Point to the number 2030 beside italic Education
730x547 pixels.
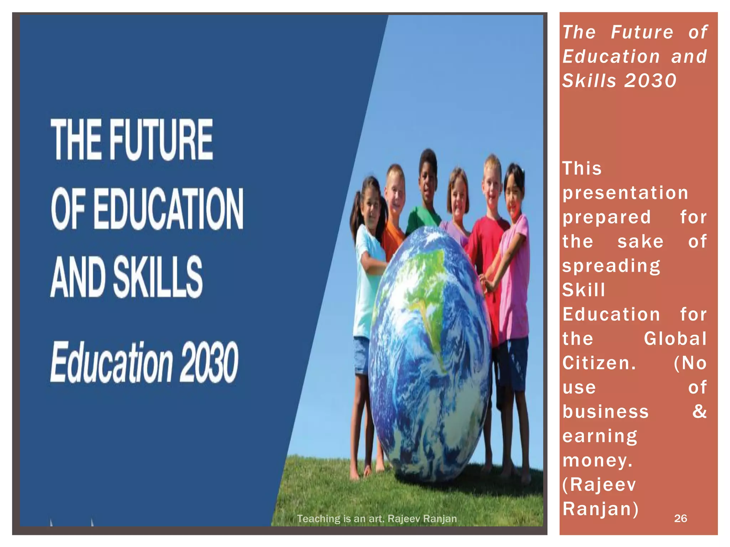pos(209,362)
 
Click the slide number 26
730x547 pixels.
pos(680,518)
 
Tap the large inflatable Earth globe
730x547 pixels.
pos(430,353)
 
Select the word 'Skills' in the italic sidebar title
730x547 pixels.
pos(589,81)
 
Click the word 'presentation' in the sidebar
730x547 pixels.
pos(625,193)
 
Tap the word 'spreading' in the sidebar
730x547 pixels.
pos(611,266)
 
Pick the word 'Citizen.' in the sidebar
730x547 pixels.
pos(599,363)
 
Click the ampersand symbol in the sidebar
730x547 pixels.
pos(699,411)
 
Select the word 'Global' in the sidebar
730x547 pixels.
pos(675,339)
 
